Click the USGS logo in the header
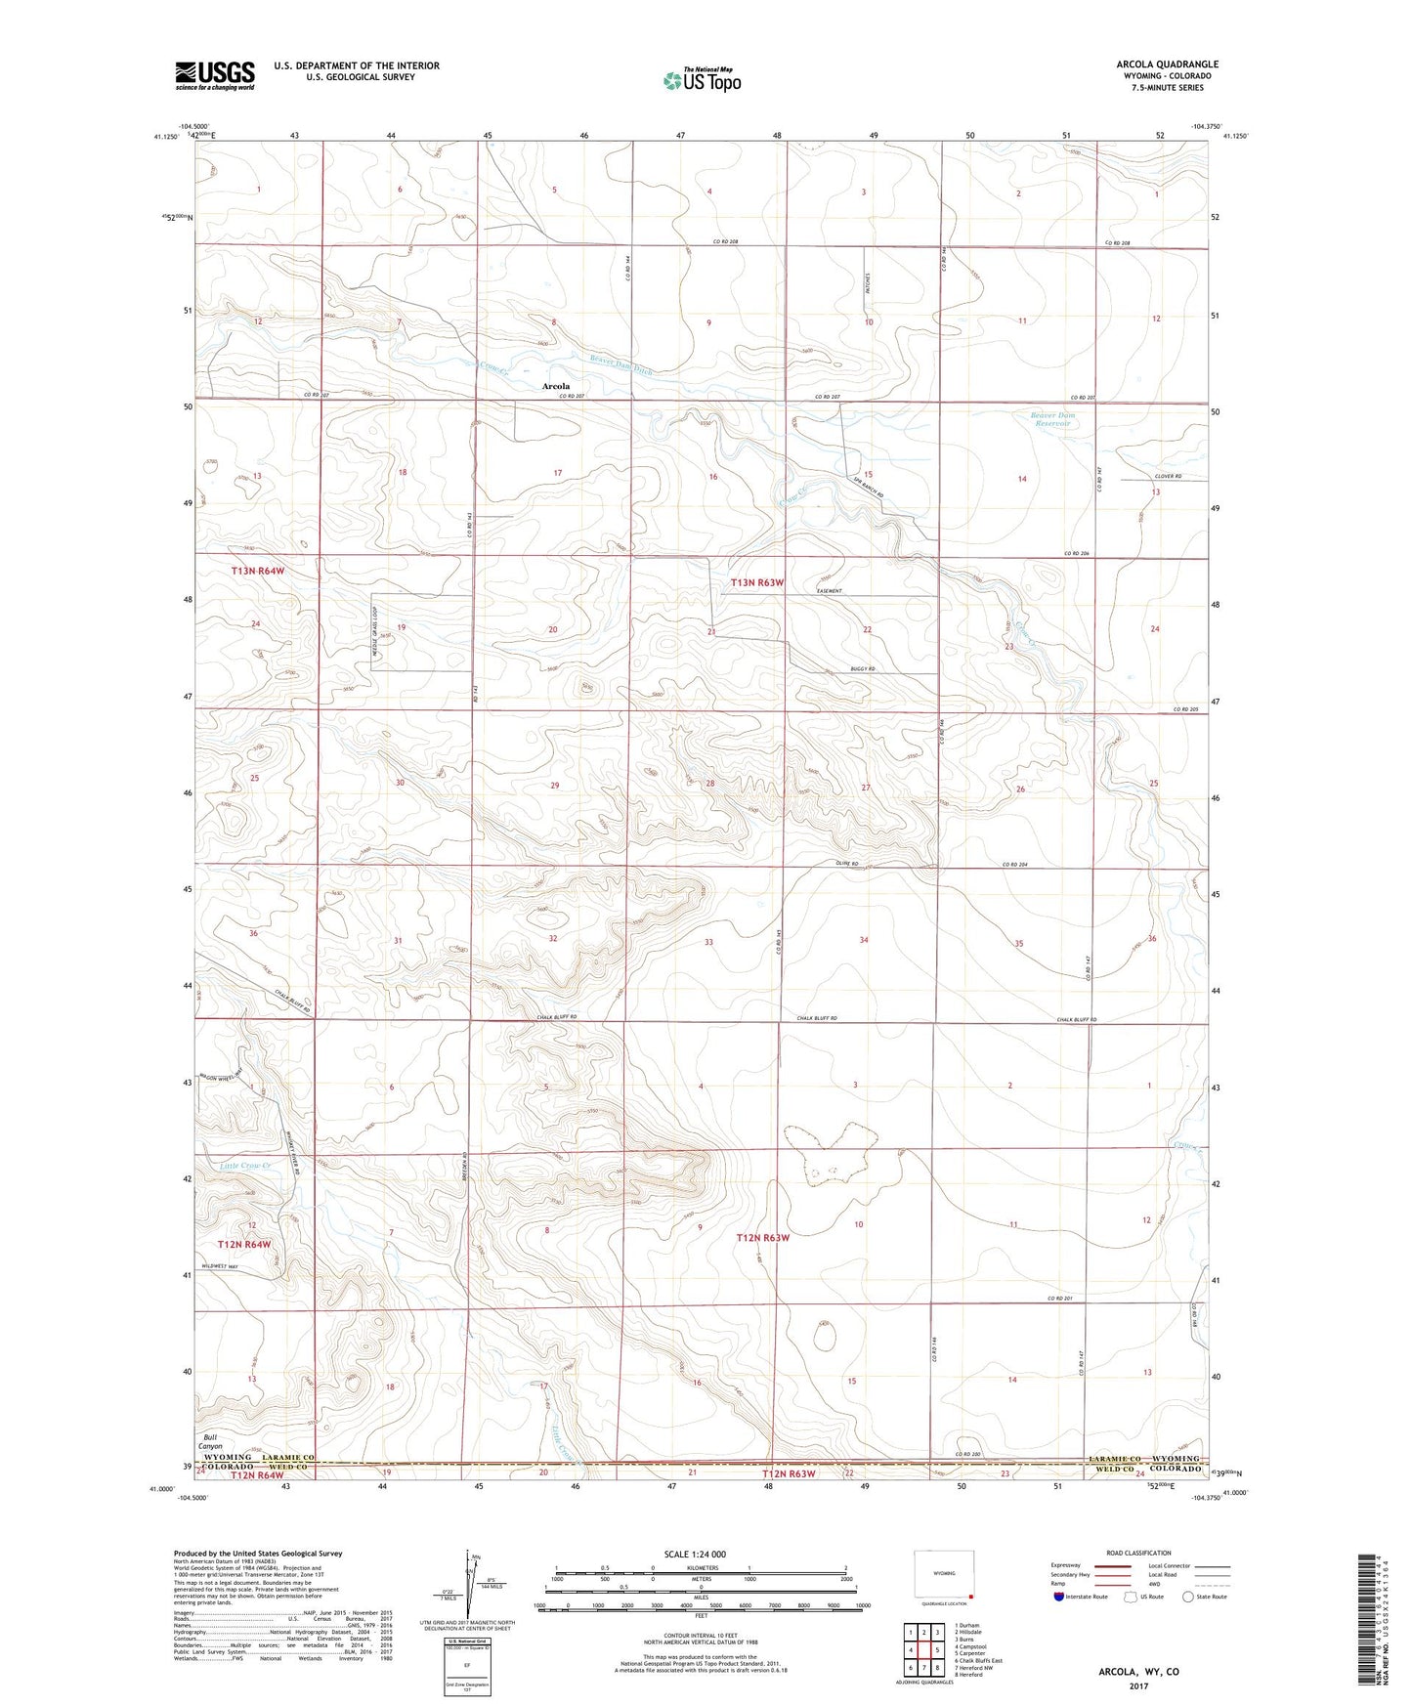click(x=215, y=75)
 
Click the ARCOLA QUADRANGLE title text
click(x=1167, y=64)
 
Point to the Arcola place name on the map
click(x=556, y=386)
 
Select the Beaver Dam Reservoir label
click(x=1051, y=419)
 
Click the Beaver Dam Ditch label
click(x=620, y=363)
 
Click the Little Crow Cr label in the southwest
click(x=244, y=1166)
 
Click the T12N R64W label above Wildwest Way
click(x=243, y=1244)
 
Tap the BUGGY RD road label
click(x=863, y=669)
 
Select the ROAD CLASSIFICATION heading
click(x=1139, y=1553)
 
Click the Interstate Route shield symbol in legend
click(x=1061, y=1597)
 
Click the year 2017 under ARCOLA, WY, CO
click(x=1137, y=1685)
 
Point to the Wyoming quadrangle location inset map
click(x=943, y=1575)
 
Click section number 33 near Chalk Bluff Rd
click(x=708, y=942)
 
